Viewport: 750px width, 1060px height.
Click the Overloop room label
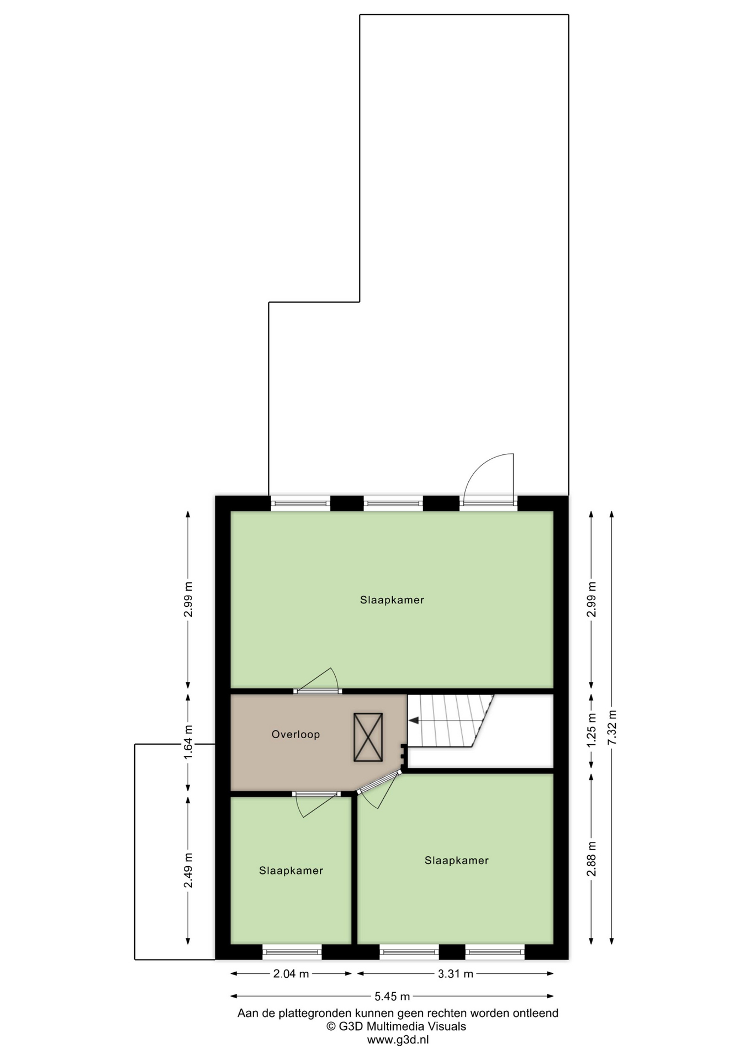click(x=295, y=734)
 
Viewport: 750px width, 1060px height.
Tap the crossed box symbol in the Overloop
click(x=368, y=737)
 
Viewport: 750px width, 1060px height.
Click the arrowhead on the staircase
click(x=413, y=720)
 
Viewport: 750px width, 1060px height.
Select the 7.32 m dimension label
click(x=611, y=728)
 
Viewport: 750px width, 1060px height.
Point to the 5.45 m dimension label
click(x=392, y=997)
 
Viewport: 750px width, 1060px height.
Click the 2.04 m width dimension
click(x=291, y=974)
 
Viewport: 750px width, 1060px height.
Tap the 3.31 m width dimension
click(x=456, y=974)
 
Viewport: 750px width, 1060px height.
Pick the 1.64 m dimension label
click(x=188, y=742)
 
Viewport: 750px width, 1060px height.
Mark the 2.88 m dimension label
click(x=591, y=858)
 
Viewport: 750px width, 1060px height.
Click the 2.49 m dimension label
click(x=188, y=870)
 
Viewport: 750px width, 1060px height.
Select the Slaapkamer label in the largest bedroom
click(x=392, y=600)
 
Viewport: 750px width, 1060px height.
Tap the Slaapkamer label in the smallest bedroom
click(x=291, y=871)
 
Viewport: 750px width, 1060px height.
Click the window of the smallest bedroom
click(x=292, y=951)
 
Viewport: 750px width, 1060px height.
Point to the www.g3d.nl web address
click(x=398, y=1040)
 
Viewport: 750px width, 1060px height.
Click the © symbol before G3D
click(x=331, y=1026)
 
